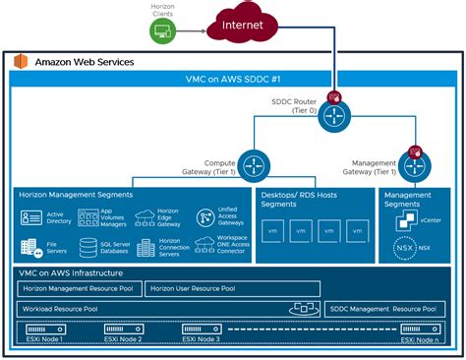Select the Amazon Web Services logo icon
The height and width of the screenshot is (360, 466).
pyautogui.click(x=21, y=62)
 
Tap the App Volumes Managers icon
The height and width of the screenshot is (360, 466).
pyautogui.click(x=88, y=217)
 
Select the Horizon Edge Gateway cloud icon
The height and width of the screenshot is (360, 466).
pyautogui.click(x=146, y=216)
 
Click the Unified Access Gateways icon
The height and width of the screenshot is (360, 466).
pyautogui.click(x=207, y=217)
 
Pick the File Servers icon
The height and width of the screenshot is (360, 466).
pyautogui.click(x=29, y=245)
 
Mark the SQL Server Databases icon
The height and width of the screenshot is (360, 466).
pyautogui.click(x=88, y=245)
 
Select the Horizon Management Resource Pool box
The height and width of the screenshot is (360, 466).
pyautogui.click(x=79, y=289)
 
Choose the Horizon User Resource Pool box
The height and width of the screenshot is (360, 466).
pyautogui.click(x=232, y=289)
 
